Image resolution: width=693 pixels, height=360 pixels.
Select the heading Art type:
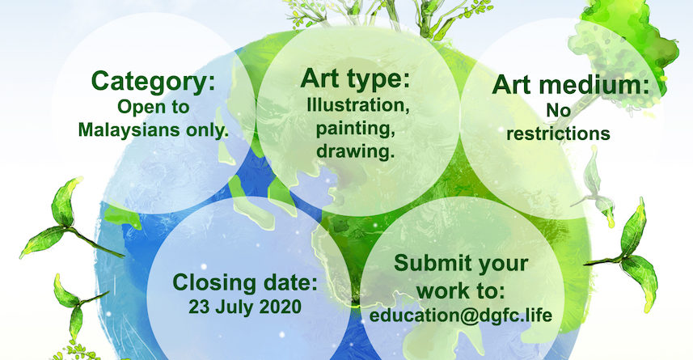click(x=355, y=79)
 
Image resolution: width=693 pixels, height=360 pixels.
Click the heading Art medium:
click(x=571, y=84)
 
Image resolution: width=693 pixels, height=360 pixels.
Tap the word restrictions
click(x=558, y=133)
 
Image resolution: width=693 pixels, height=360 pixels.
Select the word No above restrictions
click(x=559, y=110)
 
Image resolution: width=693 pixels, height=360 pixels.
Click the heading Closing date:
click(x=245, y=282)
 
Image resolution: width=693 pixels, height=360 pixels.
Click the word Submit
click(x=426, y=263)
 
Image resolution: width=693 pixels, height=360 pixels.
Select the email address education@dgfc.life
click(x=461, y=316)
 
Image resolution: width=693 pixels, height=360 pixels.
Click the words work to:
click(x=461, y=291)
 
